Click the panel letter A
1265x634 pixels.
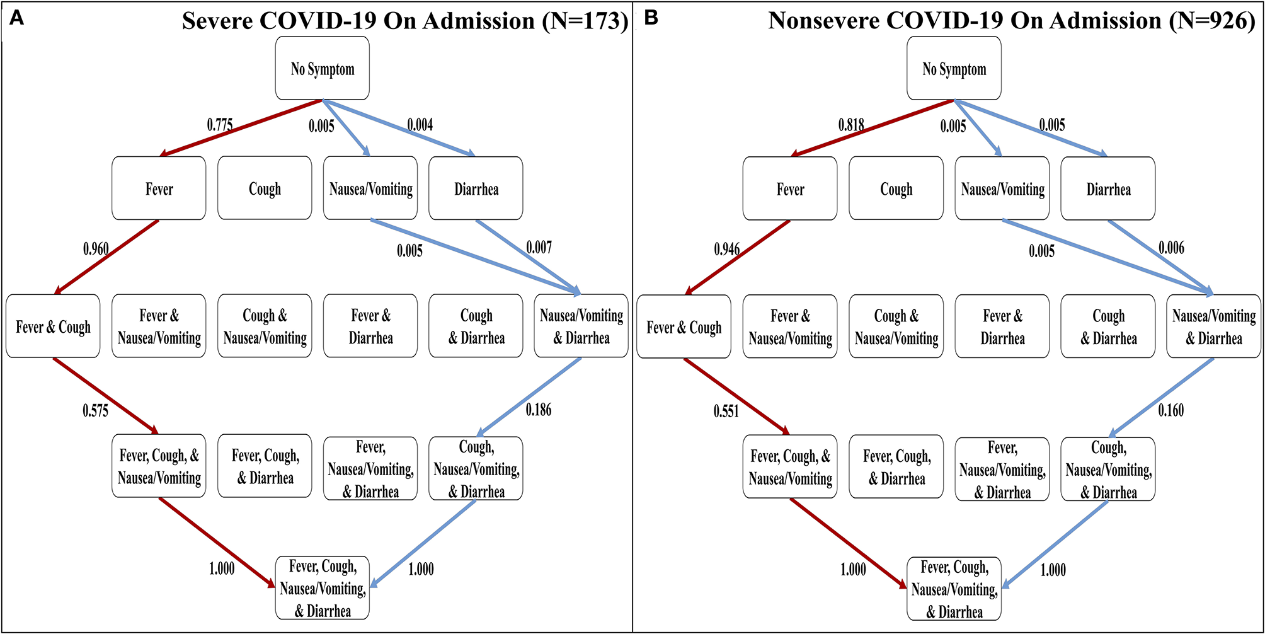pyautogui.click(x=16, y=18)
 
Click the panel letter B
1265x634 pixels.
pyautogui.click(x=651, y=18)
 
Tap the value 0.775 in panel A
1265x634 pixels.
pyautogui.click(x=220, y=125)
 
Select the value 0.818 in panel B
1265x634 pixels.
pyautogui.click(x=851, y=125)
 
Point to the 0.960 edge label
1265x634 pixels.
pyautogui.click(x=96, y=249)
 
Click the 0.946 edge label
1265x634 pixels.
pyautogui.click(x=727, y=249)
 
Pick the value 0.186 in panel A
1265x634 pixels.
pyautogui.click(x=539, y=410)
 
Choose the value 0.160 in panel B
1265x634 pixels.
pyautogui.click(x=1171, y=411)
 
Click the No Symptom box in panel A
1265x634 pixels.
pyautogui.click(x=323, y=69)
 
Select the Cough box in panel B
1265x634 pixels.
pyautogui.click(x=896, y=189)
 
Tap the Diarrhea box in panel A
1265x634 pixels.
pyautogui.click(x=476, y=189)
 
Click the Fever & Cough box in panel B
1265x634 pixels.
pyautogui.click(x=684, y=327)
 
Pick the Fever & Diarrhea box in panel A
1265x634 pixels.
pyautogui.click(x=370, y=326)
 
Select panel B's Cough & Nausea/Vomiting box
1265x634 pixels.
pyautogui.click(x=896, y=327)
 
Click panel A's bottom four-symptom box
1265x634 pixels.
pyautogui.click(x=323, y=589)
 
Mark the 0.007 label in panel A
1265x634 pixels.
pyautogui.click(x=539, y=247)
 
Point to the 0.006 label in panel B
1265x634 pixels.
pyautogui.click(x=1171, y=248)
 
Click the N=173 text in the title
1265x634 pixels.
pyautogui.click(x=585, y=21)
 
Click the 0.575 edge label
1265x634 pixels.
pyautogui.click(x=96, y=411)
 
